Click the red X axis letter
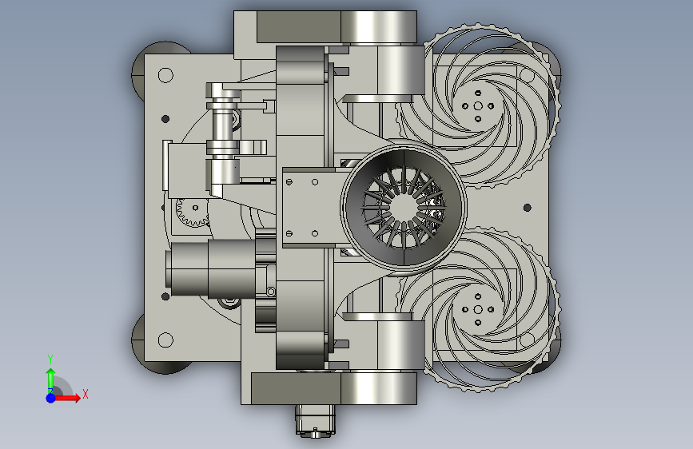coord(86,394)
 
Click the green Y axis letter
coord(50,360)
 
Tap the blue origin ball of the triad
coord(51,398)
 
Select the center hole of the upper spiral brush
coord(478,106)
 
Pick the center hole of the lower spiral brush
coord(478,309)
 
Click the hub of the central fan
coord(403,207)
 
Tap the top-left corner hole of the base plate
coord(165,75)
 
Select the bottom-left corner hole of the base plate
coord(165,340)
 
